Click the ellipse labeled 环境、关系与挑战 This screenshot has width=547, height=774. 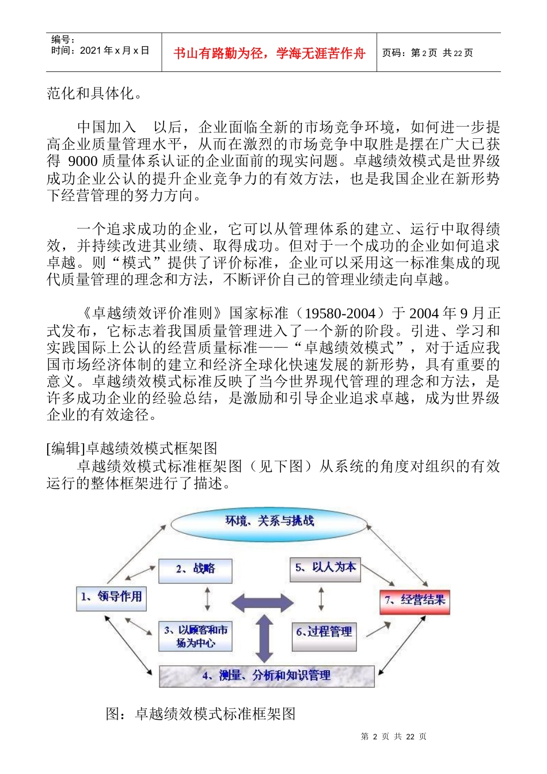point(269,522)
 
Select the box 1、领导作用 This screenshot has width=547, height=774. point(111,597)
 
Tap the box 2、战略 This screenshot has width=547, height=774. point(195,570)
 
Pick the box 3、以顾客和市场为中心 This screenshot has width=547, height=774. point(195,636)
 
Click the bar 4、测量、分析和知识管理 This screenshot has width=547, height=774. point(267,676)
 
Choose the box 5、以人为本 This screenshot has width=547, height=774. point(325,568)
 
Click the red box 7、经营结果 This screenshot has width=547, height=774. point(415,601)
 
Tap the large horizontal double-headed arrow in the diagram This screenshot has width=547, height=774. point(263,602)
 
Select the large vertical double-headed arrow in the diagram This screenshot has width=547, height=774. point(264,638)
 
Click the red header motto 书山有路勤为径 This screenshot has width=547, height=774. point(269,54)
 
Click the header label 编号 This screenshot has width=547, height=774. point(62,40)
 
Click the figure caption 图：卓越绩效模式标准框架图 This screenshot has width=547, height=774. point(200,714)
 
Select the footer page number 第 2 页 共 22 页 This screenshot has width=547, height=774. point(393,737)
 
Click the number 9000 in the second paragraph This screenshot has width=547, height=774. point(82,161)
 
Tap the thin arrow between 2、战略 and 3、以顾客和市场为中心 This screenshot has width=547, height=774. point(207,599)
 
